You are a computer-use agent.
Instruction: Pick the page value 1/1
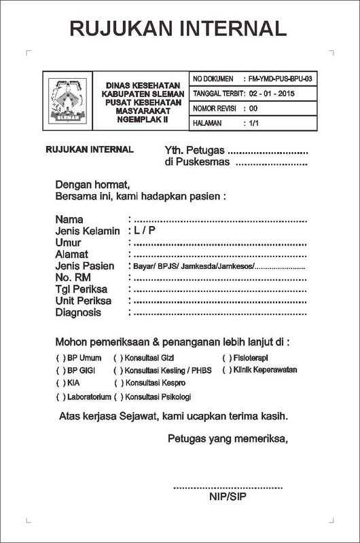[x=255, y=123]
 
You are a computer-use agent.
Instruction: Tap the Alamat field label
[x=73, y=254]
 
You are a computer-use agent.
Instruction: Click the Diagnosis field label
[x=79, y=313]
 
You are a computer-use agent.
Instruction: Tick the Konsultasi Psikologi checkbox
[x=118, y=396]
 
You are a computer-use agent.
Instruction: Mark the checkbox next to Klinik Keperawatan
[x=226, y=370]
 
